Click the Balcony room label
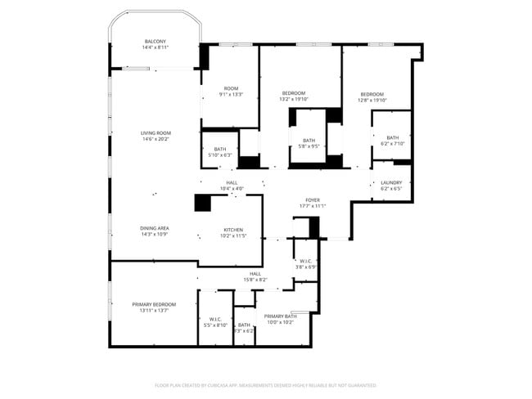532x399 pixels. (156, 45)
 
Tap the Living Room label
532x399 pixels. (156, 136)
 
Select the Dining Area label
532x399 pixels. (154, 231)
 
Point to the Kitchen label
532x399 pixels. (233, 233)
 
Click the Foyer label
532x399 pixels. (313, 202)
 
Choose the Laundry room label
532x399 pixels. (391, 186)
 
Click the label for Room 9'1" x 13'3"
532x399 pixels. (231, 92)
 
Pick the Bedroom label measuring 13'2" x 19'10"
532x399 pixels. (294, 96)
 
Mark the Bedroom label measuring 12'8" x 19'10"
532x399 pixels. (372, 96)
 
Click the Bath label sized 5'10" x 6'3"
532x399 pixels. (220, 151)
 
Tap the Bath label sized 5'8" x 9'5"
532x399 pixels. (309, 143)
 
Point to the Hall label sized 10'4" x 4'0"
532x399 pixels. (232, 186)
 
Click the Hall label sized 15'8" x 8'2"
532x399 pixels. (255, 276)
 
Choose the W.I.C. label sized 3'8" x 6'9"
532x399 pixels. (305, 264)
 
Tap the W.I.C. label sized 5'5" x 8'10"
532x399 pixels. (215, 322)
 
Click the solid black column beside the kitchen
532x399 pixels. (202, 203)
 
